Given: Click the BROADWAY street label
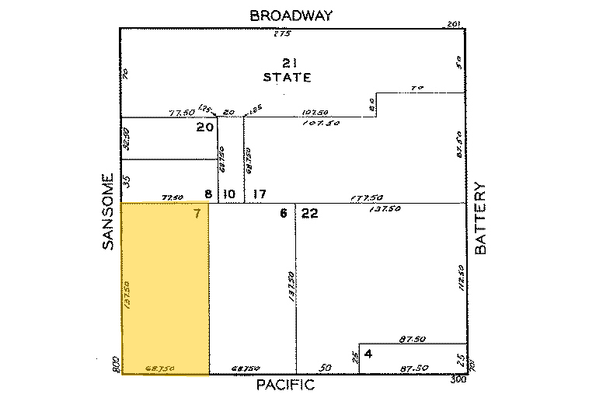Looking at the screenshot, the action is tap(291, 15).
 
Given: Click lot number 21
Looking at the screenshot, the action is tap(288, 62).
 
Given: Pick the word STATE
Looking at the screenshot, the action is tap(288, 78).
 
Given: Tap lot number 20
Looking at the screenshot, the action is tap(205, 127).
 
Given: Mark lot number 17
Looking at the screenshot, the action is tap(260, 193).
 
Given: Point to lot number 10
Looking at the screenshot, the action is tap(229, 193).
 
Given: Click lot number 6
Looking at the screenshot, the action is tap(284, 214).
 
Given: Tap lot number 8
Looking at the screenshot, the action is tap(207, 193).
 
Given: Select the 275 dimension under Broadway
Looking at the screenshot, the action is tap(281, 34).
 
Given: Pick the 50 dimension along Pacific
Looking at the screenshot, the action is tap(325, 368).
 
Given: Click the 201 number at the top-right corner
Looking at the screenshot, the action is tap(455, 25).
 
